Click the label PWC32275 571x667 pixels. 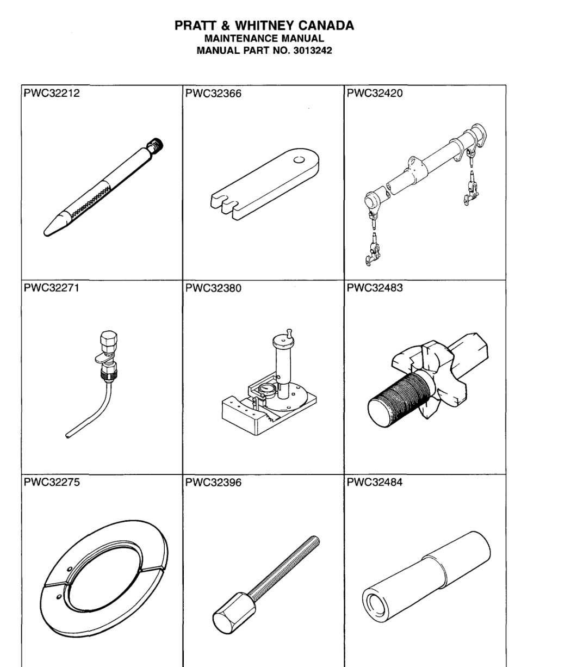click(49, 481)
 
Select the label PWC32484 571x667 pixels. click(374, 481)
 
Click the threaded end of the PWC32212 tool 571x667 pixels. click(158, 145)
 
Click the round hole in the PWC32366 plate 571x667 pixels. click(298, 159)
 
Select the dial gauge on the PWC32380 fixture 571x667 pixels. click(267, 390)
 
